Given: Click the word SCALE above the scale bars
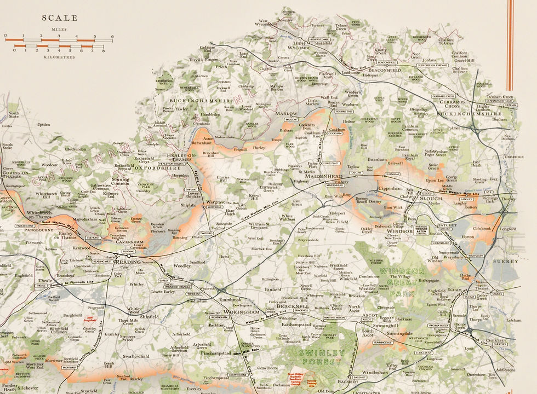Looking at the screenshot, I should coord(60,18).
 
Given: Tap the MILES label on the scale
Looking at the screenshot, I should coord(59,30).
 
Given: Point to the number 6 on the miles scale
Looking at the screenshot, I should coord(112,37).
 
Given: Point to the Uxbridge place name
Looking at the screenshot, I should coord(514,157).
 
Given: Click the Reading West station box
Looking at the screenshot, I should coord(102,262).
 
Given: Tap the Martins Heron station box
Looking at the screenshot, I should coord(333,317).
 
